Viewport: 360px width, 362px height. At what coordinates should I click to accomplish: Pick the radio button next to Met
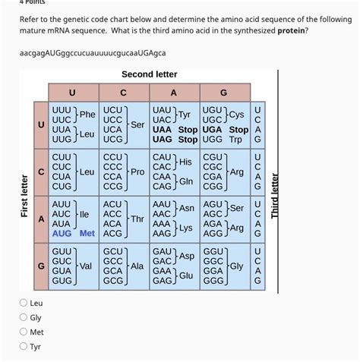coord(24,332)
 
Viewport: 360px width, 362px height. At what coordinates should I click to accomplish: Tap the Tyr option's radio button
coord(24,347)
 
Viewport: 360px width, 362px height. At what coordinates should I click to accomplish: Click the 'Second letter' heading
coord(149,74)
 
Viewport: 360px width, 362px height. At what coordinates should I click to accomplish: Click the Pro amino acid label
coord(137,172)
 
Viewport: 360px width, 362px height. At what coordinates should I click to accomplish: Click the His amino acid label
coord(185,162)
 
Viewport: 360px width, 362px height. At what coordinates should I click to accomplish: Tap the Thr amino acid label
coord(137,219)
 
